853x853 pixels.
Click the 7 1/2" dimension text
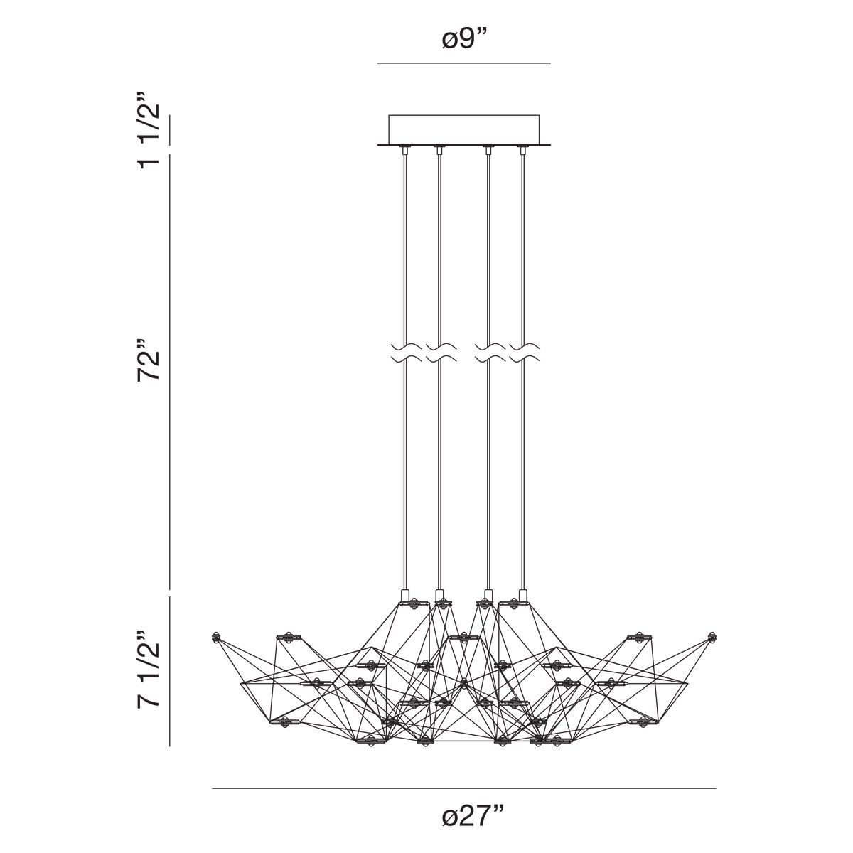[151, 670]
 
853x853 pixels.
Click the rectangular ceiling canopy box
[463, 129]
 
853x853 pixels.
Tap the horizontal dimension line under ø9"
[463, 64]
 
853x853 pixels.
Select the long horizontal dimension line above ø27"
[463, 788]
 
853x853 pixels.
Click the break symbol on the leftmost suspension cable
[404, 353]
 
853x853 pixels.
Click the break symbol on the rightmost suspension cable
[524, 353]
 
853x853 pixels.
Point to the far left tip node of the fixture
[216, 638]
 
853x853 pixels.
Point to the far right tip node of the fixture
[712, 637]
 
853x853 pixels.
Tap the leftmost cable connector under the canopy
[404, 150]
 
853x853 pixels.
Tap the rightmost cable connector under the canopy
[524, 150]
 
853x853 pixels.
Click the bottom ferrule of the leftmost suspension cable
[404, 594]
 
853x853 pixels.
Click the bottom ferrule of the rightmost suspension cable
[524, 594]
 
